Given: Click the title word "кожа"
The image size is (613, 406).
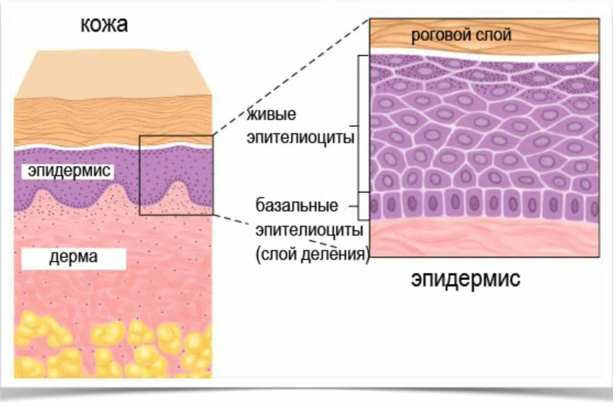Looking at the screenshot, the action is [x=104, y=24].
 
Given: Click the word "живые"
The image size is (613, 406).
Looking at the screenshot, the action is [x=272, y=114].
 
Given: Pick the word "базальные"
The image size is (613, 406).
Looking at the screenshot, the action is [x=297, y=206].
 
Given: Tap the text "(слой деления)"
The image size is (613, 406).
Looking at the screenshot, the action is [x=312, y=254].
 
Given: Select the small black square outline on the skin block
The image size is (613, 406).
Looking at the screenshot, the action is [x=141, y=174].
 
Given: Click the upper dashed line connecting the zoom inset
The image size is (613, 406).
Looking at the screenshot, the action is [x=291, y=77].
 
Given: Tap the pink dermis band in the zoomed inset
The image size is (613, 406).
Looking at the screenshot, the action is [x=484, y=239].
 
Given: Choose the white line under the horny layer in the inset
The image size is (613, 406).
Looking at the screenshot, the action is [x=484, y=53].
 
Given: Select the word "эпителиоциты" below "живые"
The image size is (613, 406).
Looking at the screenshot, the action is [x=301, y=138].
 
